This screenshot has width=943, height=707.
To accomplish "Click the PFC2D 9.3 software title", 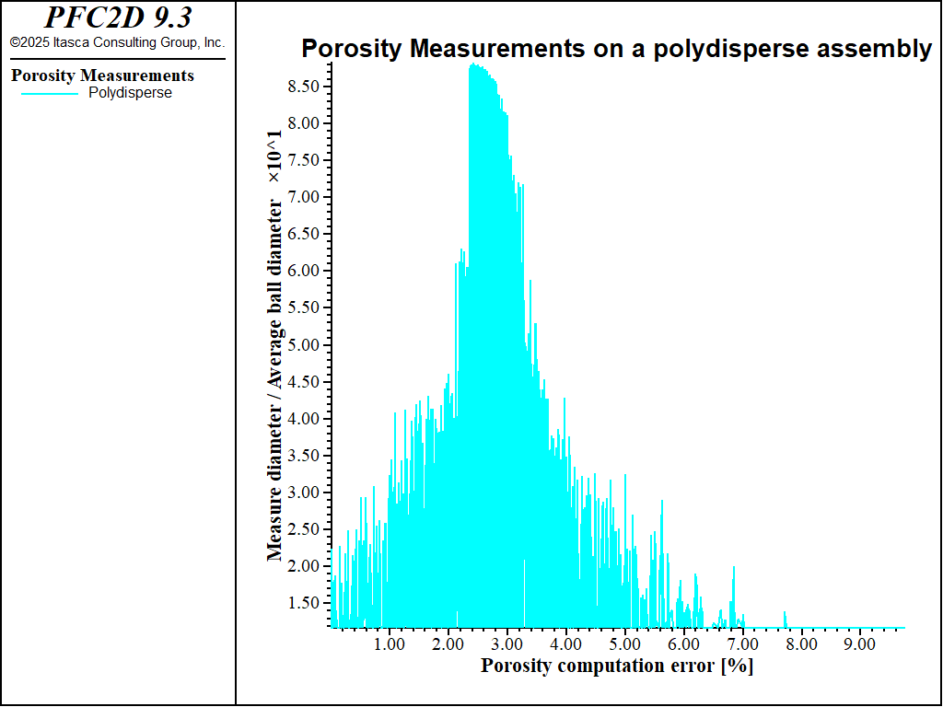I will [x=118, y=17].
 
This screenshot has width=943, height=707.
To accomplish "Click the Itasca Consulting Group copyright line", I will [x=118, y=42].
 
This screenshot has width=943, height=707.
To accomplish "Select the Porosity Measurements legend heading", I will [x=102, y=75].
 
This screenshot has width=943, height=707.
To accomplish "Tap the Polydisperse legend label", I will [x=130, y=93].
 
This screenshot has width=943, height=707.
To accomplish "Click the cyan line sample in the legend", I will [x=50, y=93].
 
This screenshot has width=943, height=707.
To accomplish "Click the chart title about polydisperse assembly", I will [x=616, y=49].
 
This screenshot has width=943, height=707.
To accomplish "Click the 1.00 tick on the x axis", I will [x=390, y=644].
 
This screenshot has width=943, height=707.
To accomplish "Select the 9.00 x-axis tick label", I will [x=859, y=644].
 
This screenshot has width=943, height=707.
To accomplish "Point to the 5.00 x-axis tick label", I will [x=624, y=644].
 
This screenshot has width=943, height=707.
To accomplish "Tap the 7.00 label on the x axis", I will [x=742, y=644].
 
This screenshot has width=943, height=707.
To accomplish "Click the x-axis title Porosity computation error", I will [x=616, y=666].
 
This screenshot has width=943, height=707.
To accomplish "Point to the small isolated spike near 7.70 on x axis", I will [x=785, y=612].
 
